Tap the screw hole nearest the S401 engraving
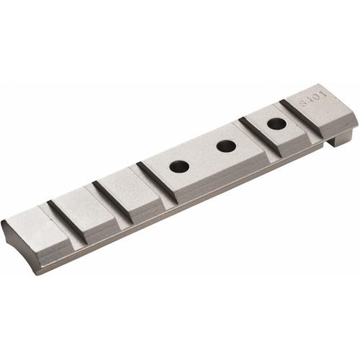276,123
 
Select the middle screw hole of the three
226,145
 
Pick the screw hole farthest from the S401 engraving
179,166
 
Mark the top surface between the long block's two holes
203,156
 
